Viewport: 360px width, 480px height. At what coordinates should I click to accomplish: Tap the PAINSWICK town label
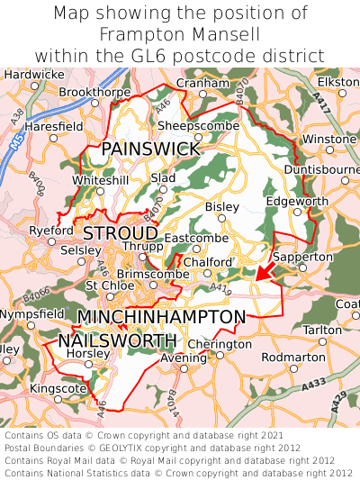click(x=150, y=149)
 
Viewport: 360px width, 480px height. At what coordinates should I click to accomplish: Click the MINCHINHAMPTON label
click(x=161, y=317)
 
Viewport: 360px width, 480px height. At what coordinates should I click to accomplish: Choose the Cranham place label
click(x=202, y=83)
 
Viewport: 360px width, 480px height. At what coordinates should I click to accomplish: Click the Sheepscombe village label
click(x=198, y=126)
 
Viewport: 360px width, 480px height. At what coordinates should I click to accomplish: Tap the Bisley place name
click(x=222, y=206)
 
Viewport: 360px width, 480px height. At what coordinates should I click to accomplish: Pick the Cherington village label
click(x=220, y=344)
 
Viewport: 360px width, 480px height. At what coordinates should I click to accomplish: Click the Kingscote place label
click(x=59, y=388)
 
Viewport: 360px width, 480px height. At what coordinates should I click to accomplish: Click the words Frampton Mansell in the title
click(x=180, y=34)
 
